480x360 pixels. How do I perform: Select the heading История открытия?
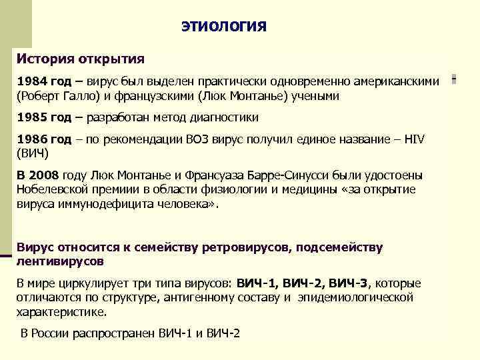coord(80,59)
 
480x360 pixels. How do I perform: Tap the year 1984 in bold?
coord(32,81)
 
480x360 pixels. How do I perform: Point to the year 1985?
coord(32,117)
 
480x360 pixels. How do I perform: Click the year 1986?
coord(32,139)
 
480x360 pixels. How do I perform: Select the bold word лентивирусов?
coord(60,261)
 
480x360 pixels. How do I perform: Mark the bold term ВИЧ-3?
coord(350,283)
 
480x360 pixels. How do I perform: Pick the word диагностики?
coord(225,117)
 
